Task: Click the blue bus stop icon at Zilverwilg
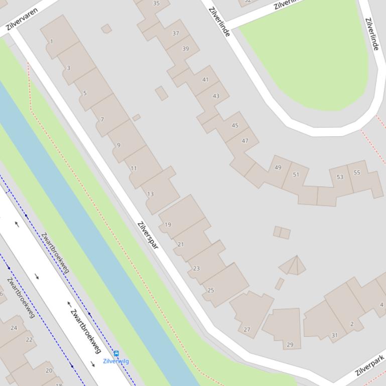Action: click(x=116, y=353)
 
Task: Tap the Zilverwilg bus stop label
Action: click(x=116, y=361)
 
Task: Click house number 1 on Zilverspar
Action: click(x=52, y=42)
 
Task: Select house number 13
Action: click(x=151, y=194)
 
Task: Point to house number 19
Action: click(x=168, y=225)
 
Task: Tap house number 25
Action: click(x=211, y=290)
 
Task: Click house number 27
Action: click(x=246, y=329)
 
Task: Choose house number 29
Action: click(x=290, y=344)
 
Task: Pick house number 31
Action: click(x=334, y=335)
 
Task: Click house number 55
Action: click(x=357, y=172)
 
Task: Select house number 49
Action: click(x=278, y=167)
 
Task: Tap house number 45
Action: click(x=235, y=125)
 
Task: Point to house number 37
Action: click(x=176, y=34)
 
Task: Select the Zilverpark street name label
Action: click(x=370, y=365)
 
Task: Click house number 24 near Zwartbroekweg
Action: click(x=14, y=328)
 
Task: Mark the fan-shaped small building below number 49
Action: click(x=294, y=266)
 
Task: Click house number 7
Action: click(x=102, y=119)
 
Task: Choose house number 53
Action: click(x=340, y=177)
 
